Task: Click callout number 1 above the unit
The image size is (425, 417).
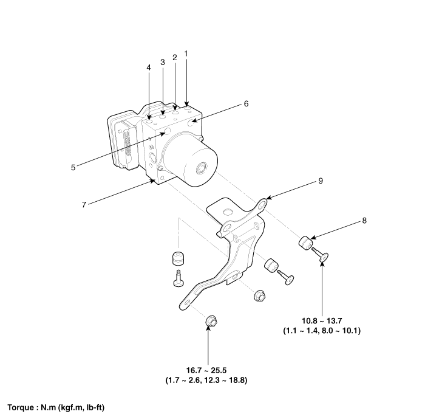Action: tap(186, 53)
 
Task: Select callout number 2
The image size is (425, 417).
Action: tap(174, 58)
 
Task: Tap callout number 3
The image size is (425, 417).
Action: tap(162, 62)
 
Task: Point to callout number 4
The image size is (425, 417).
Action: tap(149, 68)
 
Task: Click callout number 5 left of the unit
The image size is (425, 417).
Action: tap(73, 167)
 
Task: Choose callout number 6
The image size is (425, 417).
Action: tap(246, 103)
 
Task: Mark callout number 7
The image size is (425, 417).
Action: tap(84, 205)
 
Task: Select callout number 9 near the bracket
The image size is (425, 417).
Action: tap(320, 181)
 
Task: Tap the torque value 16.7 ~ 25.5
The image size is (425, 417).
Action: tap(208, 370)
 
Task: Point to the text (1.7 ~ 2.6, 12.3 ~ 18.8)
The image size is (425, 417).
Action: tap(208, 380)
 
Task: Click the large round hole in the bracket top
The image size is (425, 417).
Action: tap(228, 212)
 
